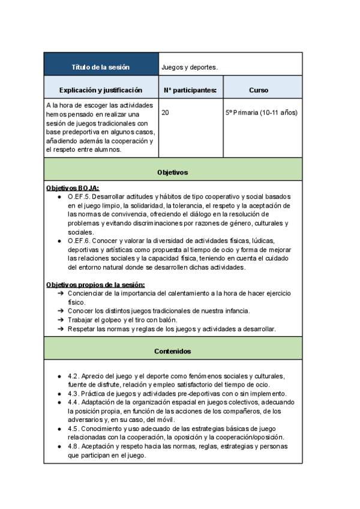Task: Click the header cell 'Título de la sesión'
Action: [101, 67]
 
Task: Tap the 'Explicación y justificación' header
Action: [101, 90]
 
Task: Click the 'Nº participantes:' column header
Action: [190, 90]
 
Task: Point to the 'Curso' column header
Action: [259, 90]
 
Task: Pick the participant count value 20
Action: [166, 112]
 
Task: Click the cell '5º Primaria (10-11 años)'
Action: [261, 112]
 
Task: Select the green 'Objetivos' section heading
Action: [173, 172]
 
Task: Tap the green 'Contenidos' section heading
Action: [173, 351]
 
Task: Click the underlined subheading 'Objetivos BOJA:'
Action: [73, 188]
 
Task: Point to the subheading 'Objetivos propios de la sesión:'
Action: [95, 284]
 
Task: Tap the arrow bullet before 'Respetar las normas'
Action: [61, 329]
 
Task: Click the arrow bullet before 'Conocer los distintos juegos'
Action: [61, 311]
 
